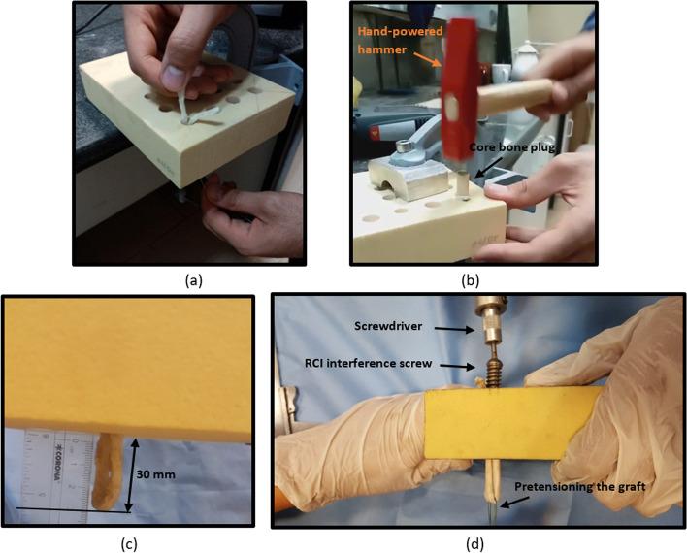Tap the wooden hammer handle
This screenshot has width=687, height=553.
[x=516, y=96]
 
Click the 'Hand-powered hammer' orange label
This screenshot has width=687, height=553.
[x=400, y=41]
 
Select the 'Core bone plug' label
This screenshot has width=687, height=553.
[x=511, y=147]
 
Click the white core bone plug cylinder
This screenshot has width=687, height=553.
[x=462, y=184]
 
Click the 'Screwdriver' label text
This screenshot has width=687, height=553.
[x=389, y=326]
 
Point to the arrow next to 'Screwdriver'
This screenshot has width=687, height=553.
[x=460, y=329]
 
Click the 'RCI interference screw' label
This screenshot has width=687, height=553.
[x=368, y=363]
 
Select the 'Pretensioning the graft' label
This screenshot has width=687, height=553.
[x=580, y=487]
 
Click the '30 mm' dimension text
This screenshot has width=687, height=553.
[x=155, y=474]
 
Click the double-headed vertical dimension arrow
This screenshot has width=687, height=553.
[x=131, y=474]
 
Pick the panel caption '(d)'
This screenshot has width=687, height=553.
[x=474, y=544]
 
